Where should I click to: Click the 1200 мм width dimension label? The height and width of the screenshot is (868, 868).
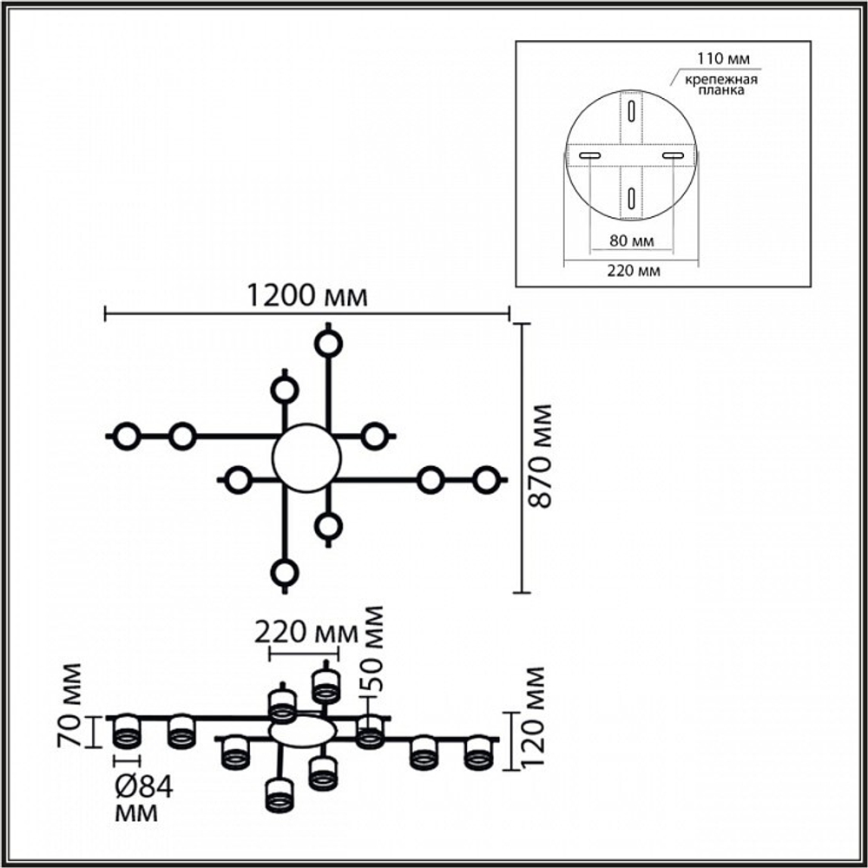306,296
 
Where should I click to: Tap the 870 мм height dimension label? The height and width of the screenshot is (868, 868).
540,457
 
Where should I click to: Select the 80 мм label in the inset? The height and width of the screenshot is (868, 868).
632,240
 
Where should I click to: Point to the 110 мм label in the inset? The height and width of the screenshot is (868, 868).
723,58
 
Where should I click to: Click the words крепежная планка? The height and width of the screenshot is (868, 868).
721,85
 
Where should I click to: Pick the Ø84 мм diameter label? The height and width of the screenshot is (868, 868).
143,799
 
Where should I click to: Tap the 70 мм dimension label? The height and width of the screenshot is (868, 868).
69,706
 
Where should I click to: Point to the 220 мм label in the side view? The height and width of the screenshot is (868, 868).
306,632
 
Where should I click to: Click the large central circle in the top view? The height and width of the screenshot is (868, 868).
306,457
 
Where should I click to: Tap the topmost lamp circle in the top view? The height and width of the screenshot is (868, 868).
328,345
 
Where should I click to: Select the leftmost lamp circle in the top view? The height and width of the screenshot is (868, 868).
127,437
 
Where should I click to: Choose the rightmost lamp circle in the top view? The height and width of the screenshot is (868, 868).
487,480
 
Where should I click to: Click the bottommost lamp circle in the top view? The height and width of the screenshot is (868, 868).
285,572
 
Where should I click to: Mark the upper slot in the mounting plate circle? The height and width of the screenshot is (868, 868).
631,112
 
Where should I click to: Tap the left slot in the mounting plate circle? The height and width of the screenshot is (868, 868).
590,156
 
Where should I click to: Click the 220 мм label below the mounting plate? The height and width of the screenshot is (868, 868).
634,271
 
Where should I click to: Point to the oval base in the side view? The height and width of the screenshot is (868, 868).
303,731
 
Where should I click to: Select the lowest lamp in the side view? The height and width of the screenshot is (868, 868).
280,796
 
